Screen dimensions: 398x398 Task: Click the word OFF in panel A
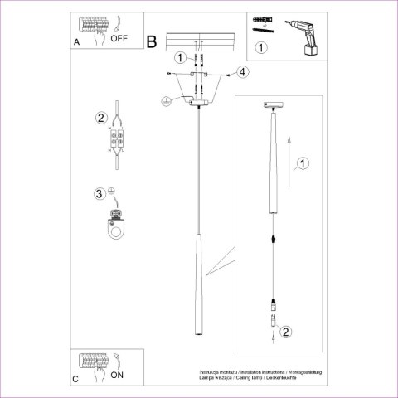(119, 38)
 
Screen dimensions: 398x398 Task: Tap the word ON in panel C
(117, 374)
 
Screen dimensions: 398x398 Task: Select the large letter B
(152, 40)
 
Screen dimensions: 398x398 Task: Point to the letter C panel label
(76, 378)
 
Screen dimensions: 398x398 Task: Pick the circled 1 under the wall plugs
(261, 48)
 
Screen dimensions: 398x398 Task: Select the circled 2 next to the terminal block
(101, 119)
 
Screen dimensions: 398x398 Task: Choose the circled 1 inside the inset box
(303, 164)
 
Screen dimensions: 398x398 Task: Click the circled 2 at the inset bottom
(285, 333)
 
